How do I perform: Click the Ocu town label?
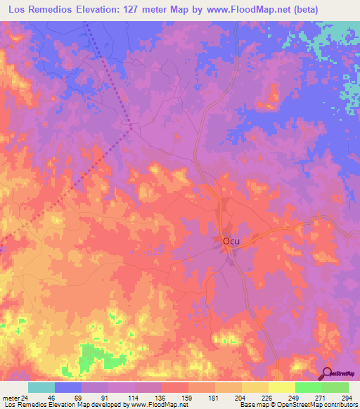[x=231, y=241]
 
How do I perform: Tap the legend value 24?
[x=25, y=397]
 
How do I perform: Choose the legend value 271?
[x=309, y=397]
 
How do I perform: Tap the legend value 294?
[x=335, y=397]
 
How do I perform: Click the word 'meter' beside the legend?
[x=11, y=397]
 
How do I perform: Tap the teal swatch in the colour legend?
[x=41, y=387]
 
